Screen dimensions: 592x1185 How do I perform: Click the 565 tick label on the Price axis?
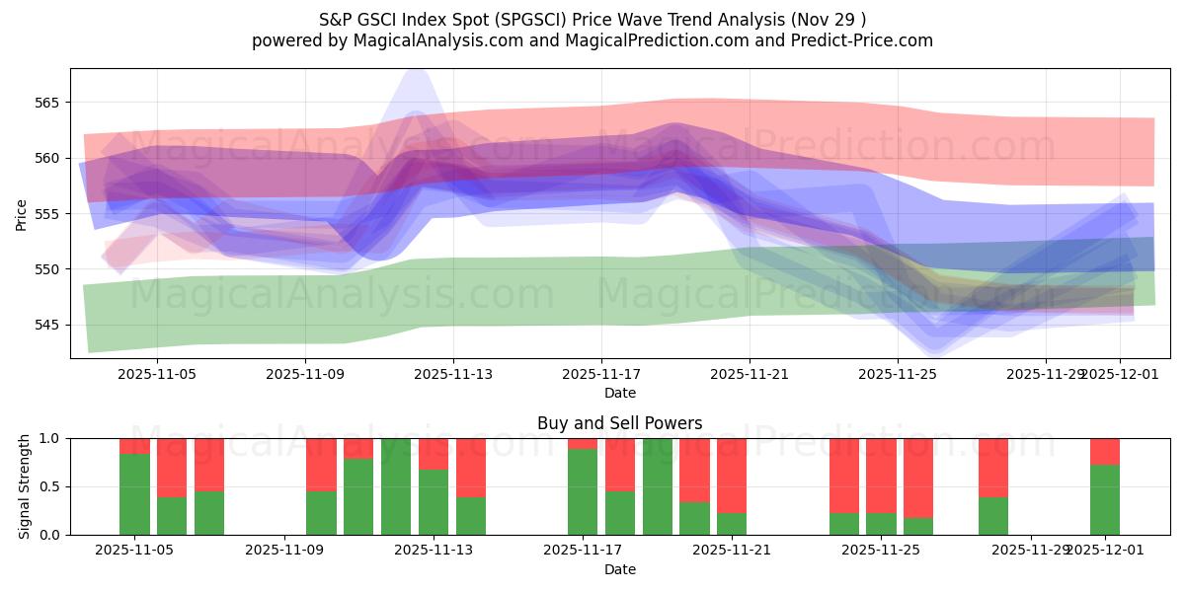tap(47, 103)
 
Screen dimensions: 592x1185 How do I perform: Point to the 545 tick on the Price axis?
tap(47, 325)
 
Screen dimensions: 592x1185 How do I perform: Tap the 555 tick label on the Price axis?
tap(47, 214)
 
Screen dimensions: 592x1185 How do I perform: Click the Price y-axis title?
tap(21, 214)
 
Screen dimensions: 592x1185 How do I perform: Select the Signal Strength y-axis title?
tap(25, 486)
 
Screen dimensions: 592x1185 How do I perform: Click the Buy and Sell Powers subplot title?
tap(619, 423)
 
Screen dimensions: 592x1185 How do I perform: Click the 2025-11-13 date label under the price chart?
tap(453, 374)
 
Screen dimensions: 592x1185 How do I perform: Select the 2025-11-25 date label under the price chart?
tap(898, 374)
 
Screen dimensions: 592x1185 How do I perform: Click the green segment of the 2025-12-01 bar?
tap(1105, 499)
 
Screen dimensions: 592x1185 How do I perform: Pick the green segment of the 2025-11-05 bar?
tap(134, 494)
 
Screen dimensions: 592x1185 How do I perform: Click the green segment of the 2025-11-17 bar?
tap(583, 491)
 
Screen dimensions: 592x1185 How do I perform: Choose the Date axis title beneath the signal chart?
tap(619, 569)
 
